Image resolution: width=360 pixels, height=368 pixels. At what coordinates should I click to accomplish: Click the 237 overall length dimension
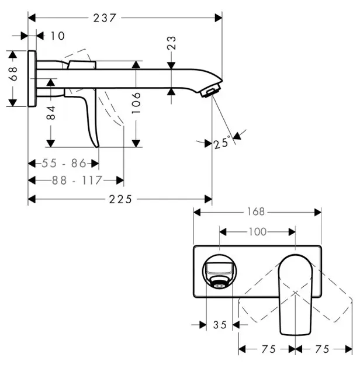click(x=105, y=18)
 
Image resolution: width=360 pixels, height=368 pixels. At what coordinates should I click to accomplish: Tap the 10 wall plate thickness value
click(x=58, y=36)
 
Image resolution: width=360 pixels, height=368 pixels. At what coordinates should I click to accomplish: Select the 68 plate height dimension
click(x=13, y=74)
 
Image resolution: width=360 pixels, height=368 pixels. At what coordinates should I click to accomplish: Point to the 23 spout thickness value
click(x=171, y=43)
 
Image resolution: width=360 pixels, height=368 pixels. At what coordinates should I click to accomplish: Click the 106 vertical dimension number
click(x=136, y=103)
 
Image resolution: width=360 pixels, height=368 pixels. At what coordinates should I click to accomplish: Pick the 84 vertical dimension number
click(x=51, y=113)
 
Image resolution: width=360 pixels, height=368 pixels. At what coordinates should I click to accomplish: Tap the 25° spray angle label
click(x=222, y=142)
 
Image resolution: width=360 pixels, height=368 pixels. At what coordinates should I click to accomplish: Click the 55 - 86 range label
click(x=64, y=163)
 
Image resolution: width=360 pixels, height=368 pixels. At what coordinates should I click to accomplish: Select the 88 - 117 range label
click(x=77, y=180)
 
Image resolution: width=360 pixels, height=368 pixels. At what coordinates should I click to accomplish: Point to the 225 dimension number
click(x=120, y=200)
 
